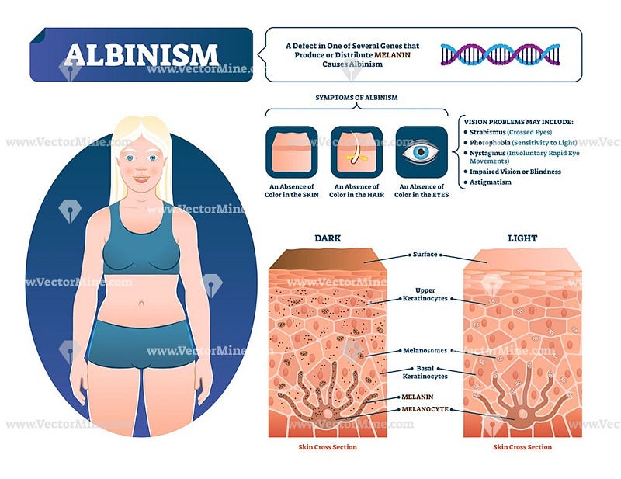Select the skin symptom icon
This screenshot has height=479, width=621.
point(292,151)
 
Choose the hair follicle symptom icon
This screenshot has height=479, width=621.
point(356,151)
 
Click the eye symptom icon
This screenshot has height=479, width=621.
point(422,151)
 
